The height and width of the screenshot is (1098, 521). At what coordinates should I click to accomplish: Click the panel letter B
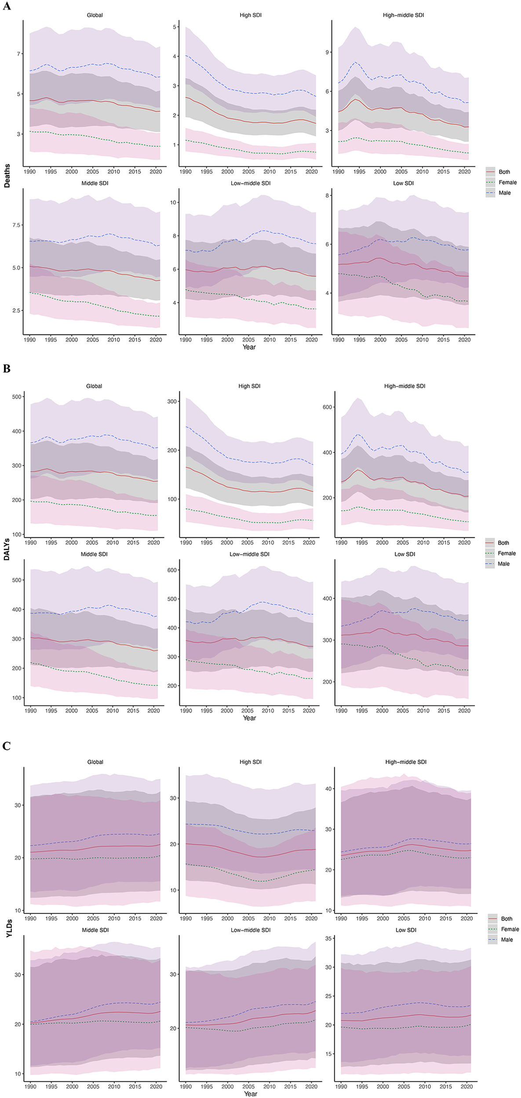(6, 369)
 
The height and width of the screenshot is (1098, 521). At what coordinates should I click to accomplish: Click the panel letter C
(6, 746)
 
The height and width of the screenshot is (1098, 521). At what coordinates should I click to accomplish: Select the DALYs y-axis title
(7, 549)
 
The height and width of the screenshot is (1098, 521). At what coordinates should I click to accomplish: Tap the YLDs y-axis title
(9, 928)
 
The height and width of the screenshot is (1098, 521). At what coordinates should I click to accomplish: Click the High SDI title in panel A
(251, 15)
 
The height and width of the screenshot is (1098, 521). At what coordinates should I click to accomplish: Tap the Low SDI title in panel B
(404, 554)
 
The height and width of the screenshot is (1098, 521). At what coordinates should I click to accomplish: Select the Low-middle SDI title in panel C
(251, 930)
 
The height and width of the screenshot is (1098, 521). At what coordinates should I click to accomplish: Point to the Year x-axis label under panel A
(249, 347)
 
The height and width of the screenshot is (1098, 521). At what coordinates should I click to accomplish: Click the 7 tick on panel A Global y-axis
(18, 54)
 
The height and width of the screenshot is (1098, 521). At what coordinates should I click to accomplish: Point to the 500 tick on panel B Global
(17, 397)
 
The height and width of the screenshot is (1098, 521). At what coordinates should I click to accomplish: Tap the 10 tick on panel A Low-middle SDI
(173, 202)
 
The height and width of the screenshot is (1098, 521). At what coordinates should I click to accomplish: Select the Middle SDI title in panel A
(95, 183)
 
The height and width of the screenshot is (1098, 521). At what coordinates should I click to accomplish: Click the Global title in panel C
(95, 762)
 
